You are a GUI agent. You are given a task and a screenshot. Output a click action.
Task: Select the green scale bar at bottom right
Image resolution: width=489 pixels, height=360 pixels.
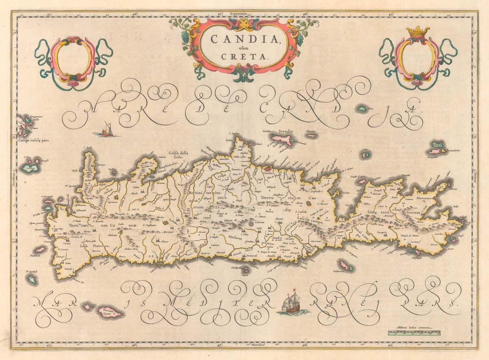(x=414, y=333)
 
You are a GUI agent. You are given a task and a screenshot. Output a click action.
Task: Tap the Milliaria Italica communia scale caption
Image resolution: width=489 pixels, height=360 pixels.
(x=414, y=327)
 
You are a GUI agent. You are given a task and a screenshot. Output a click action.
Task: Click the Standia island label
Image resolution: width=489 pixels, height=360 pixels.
(x=286, y=131)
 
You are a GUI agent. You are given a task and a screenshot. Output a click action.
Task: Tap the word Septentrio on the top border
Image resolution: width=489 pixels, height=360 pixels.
(x=239, y=13)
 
